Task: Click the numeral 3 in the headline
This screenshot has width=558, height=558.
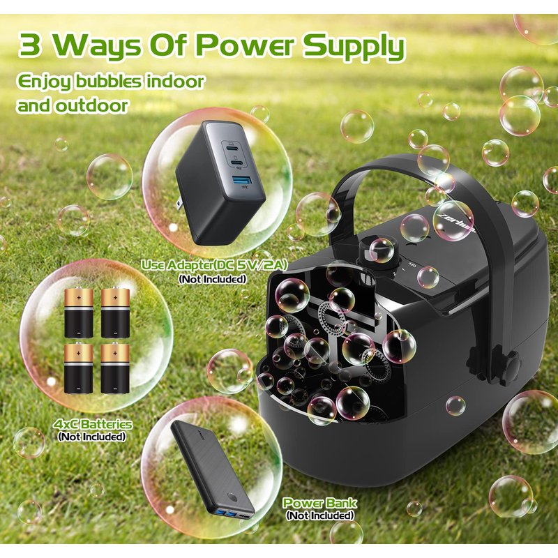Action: point(29,45)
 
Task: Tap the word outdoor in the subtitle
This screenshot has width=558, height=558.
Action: point(92,105)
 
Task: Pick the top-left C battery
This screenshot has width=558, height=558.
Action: point(79,312)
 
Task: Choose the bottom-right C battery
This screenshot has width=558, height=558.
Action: point(115,368)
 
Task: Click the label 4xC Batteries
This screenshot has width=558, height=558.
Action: point(93,424)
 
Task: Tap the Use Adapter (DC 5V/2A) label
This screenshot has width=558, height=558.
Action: point(214,265)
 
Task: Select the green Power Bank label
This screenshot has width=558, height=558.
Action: point(319,503)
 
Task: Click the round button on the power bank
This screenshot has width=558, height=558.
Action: point(232,497)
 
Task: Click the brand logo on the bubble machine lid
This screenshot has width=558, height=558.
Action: point(455,224)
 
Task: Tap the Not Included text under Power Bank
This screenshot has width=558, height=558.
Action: point(320,515)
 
